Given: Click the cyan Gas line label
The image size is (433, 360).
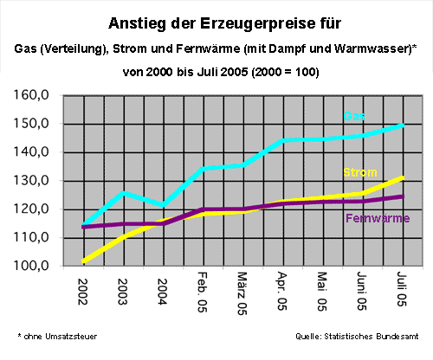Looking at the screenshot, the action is (354, 116).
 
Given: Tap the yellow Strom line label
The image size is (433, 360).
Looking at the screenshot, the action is (360, 172).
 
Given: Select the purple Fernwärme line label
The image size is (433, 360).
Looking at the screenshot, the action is (378, 218).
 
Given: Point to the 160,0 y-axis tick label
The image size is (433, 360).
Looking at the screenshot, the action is (31, 95).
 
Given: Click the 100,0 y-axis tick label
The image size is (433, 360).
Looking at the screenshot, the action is (31, 266).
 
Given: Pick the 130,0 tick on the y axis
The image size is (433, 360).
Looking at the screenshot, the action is (31, 181).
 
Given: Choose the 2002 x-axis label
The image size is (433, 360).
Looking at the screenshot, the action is (83, 292).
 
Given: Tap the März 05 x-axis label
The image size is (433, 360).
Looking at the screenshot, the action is (242, 293).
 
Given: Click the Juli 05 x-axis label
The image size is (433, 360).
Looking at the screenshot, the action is (402, 289).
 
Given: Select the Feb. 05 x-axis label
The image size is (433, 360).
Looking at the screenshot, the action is (203, 292).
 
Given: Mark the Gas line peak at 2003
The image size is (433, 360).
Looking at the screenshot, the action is (123, 192).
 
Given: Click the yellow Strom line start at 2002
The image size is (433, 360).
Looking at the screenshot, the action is (83, 261).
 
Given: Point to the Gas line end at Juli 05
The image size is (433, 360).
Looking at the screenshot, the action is (402, 125).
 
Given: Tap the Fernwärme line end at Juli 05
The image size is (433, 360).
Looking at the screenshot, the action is (402, 196).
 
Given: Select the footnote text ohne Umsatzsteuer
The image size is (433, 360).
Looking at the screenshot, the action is (61, 337).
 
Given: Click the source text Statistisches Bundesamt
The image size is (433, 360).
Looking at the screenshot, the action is (372, 337).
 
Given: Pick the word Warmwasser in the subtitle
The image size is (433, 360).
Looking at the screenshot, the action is (372, 48).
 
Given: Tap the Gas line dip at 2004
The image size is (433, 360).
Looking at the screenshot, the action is (163, 205).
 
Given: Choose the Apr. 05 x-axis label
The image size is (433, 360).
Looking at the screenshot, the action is (282, 291).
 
